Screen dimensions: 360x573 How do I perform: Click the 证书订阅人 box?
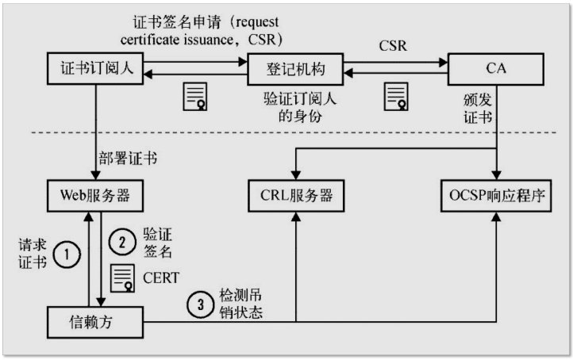pos(95,69)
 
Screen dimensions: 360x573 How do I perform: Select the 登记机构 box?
pos(296,69)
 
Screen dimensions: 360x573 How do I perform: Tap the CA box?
pos(496,69)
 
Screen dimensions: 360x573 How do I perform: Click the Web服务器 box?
pos(95,194)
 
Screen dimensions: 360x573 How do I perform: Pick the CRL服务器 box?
pos(296,194)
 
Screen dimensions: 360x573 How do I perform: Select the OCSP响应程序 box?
pos(496,194)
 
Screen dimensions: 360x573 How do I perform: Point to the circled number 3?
pos(200,304)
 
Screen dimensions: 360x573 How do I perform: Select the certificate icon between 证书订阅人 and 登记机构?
pos(195,95)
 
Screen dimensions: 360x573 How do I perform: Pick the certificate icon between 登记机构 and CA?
pos(396,95)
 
